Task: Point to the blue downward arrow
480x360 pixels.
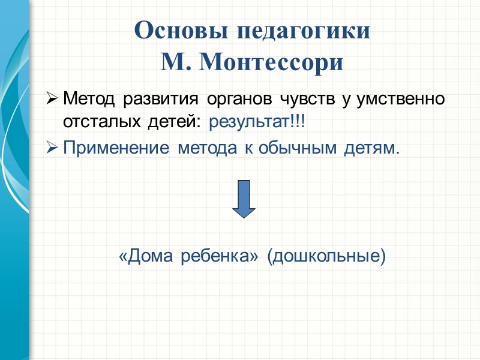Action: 244,198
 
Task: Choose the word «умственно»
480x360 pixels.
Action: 401,98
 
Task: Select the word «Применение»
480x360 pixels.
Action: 116,148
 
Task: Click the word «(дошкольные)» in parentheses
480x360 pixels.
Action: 326,257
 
